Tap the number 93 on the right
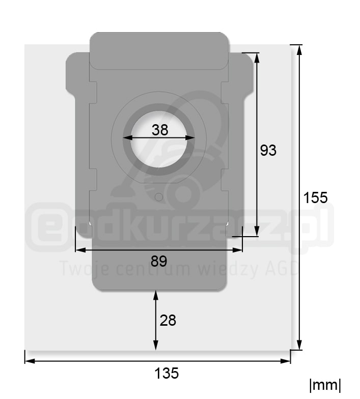(268, 150)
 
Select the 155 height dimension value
(315, 197)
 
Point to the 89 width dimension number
(159, 261)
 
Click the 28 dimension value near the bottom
(168, 321)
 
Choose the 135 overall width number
(167, 374)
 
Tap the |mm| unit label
(325, 386)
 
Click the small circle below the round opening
(159, 197)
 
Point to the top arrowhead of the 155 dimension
(299, 50)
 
